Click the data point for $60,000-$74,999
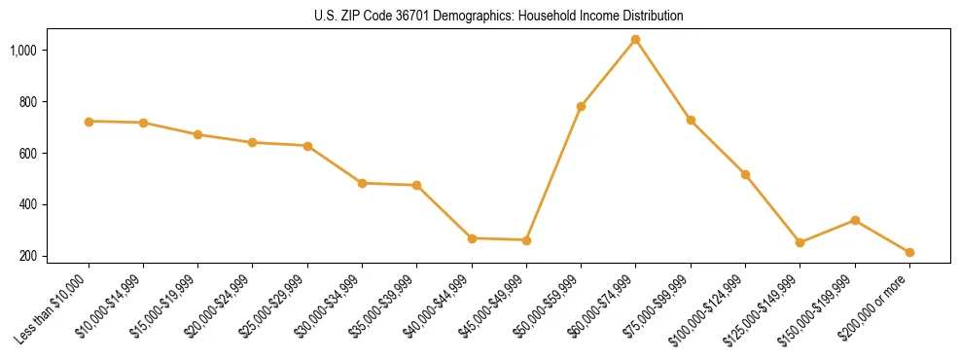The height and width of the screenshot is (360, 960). click(635, 40)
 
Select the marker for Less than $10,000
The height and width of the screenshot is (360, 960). click(89, 122)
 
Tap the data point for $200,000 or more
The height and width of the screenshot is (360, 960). click(909, 252)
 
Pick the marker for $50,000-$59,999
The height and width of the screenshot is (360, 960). click(581, 106)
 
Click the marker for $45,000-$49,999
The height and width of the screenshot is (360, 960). click(526, 240)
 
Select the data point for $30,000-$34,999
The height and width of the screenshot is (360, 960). click(362, 183)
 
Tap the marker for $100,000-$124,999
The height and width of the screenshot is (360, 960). click(745, 174)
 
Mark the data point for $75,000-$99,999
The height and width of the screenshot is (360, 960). click(691, 120)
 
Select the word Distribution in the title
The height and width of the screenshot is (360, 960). click(653, 17)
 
